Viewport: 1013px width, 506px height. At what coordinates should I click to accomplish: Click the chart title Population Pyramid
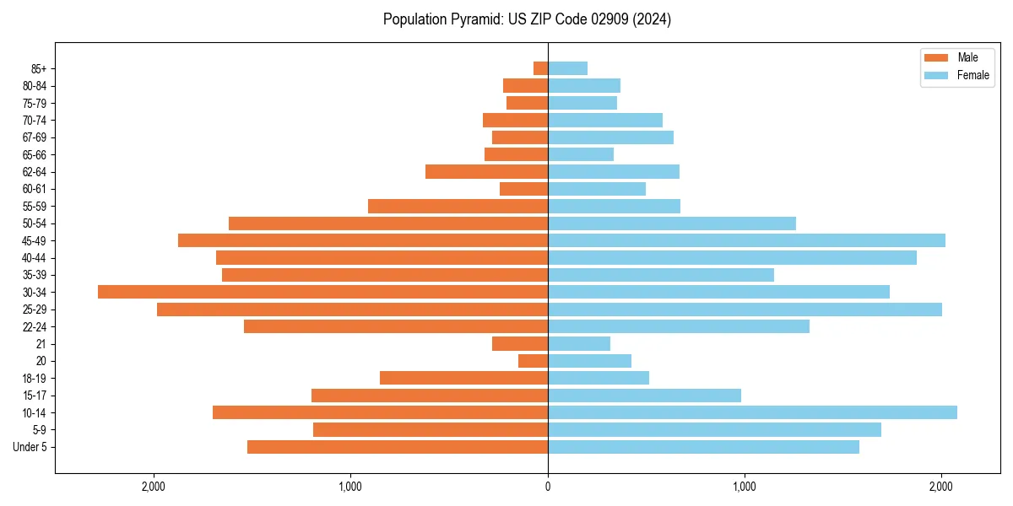tap(527, 19)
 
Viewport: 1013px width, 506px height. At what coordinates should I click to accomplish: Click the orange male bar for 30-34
tap(322, 292)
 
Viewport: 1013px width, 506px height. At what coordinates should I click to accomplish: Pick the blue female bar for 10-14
tap(752, 412)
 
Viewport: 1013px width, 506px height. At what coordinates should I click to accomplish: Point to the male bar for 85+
tap(540, 68)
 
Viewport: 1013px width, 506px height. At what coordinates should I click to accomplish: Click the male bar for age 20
tap(533, 361)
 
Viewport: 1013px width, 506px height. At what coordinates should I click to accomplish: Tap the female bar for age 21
tap(579, 343)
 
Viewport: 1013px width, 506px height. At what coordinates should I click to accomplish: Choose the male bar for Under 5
tap(398, 447)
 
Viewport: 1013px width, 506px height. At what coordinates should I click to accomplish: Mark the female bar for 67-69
tap(610, 137)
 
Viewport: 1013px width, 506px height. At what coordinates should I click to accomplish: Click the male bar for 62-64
tap(486, 172)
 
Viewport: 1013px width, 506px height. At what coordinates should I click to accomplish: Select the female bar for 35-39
tap(661, 275)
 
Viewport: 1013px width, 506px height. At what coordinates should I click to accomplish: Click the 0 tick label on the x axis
tap(548, 487)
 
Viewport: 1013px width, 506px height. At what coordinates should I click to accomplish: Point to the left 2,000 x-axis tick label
tap(154, 487)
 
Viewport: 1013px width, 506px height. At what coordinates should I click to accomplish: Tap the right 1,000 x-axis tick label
tap(745, 487)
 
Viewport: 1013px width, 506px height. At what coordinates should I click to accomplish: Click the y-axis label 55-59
tap(35, 206)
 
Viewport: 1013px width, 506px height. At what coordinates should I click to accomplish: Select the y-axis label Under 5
tap(30, 447)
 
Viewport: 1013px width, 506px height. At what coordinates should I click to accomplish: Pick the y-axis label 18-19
tap(35, 378)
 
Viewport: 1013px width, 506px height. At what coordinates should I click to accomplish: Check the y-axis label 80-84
tap(35, 86)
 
